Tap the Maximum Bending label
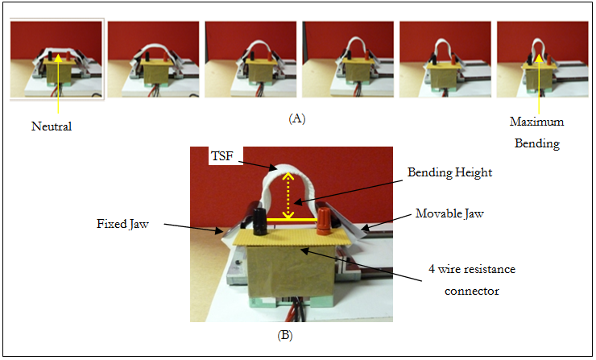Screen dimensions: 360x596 pyautogui.click(x=536, y=133)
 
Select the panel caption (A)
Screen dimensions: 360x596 pyautogui.click(x=296, y=119)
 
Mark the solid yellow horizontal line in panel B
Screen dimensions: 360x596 pyautogui.click(x=289, y=217)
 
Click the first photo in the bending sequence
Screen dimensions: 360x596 pyautogui.click(x=56, y=60)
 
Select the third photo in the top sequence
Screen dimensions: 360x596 pyautogui.click(x=250, y=60)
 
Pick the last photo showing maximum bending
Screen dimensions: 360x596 pyautogui.click(x=542, y=60)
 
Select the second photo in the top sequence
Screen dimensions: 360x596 pyautogui.click(x=153, y=60)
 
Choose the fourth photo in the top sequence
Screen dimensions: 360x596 pyautogui.click(x=348, y=60)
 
